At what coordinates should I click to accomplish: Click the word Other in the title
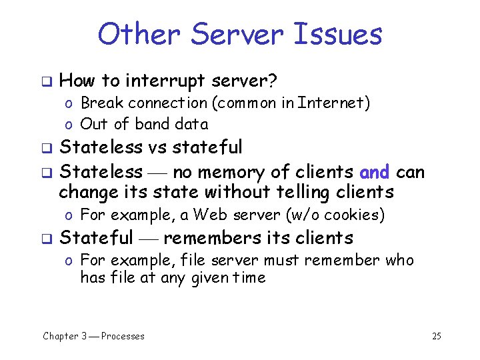tap(136, 34)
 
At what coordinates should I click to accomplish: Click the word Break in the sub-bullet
tap(102, 103)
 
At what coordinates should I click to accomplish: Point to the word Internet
tap(333, 103)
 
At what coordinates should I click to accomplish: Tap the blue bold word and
tap(374, 172)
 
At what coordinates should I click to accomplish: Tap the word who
tap(399, 260)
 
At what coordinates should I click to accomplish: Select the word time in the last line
tap(249, 277)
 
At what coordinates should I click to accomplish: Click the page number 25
tap(436, 336)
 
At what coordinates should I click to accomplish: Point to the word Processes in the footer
tap(123, 336)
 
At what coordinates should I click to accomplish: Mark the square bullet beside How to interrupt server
tap(47, 82)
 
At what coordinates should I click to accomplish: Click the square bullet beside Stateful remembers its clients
tap(47, 238)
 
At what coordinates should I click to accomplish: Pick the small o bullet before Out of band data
tap(69, 125)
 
